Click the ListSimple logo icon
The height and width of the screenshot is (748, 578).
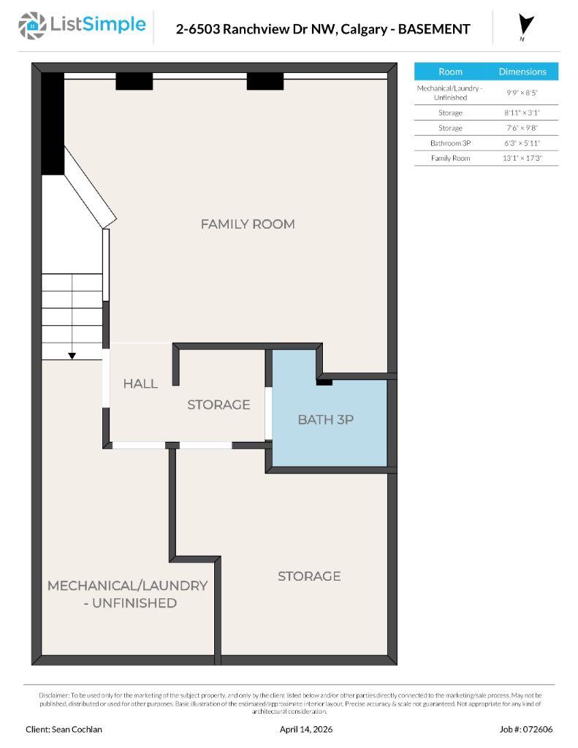pos(31,26)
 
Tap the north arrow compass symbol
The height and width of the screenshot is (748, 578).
pos(526,26)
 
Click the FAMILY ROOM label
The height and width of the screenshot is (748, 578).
pos(248,224)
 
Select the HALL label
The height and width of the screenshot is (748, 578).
pos(140,383)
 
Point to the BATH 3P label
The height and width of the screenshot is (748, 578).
pos(325,420)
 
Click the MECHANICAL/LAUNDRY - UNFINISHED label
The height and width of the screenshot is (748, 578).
pos(128,594)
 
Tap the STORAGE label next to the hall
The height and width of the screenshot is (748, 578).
pos(218,405)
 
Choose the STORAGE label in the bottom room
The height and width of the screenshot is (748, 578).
pos(309,576)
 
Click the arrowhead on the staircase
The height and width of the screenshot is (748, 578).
pos(72,356)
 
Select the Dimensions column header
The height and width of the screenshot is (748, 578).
pos(522,72)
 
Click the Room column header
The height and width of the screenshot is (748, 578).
pos(450,72)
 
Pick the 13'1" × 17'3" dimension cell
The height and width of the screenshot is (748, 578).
pos(522,158)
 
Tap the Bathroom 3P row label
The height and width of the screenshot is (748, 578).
pos(450,143)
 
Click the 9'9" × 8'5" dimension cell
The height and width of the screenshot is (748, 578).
pos(522,92)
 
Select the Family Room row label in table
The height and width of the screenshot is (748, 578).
pos(450,158)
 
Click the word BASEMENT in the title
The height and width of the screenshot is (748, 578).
pos(433,29)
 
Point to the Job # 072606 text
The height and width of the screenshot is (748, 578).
pos(526,729)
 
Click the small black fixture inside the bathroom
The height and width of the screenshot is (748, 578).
pos(324,381)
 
